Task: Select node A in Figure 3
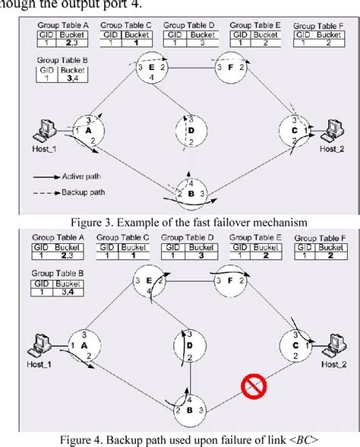pos(88,131)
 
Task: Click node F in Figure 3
pos(229,68)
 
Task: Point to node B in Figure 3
pos(190,193)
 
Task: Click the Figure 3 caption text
pos(180,222)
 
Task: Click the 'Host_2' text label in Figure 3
pos(332,150)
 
